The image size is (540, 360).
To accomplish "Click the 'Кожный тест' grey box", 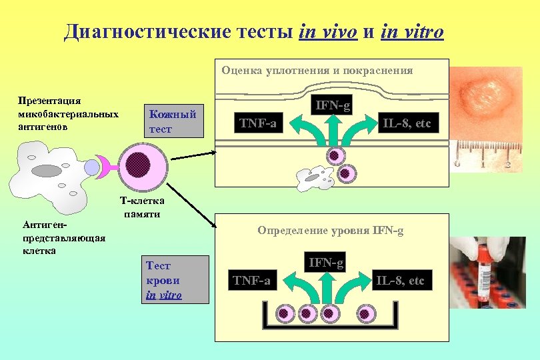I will coord(173,121).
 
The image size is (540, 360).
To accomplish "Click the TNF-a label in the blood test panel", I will coord(251,281).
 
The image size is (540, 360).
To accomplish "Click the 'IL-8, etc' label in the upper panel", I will coord(406,123).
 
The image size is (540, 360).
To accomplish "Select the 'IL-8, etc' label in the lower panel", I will coord(399,281).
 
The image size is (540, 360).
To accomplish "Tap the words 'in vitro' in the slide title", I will coord(412,32).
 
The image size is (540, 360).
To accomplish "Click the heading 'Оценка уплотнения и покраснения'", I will coord(317,70).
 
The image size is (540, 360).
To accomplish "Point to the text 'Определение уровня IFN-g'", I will coord(330,231).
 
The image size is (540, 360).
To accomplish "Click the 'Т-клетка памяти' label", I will coord(142,207).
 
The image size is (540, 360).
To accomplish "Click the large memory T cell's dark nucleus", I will coord(138,163).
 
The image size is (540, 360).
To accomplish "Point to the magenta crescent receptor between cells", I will coord(103,165).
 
